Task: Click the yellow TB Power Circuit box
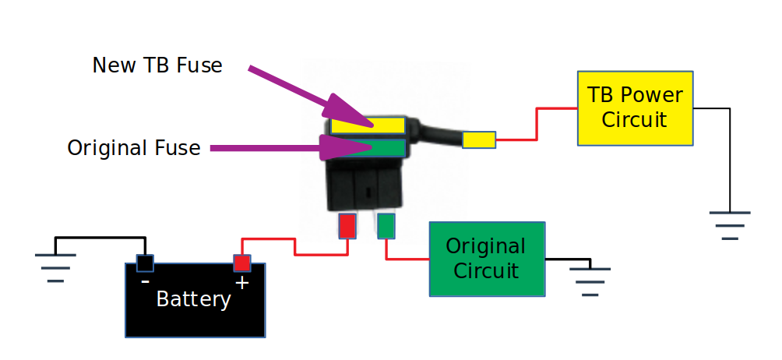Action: click(635, 108)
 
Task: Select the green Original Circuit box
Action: click(487, 259)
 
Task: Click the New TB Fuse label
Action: click(157, 65)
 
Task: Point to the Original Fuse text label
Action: click(134, 147)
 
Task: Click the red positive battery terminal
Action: click(241, 263)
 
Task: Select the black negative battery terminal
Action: click(145, 263)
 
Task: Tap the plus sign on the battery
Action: click(241, 282)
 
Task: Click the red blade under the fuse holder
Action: click(347, 226)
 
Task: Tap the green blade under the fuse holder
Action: click(386, 226)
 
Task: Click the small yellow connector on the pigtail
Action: click(479, 140)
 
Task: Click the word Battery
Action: click(194, 299)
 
